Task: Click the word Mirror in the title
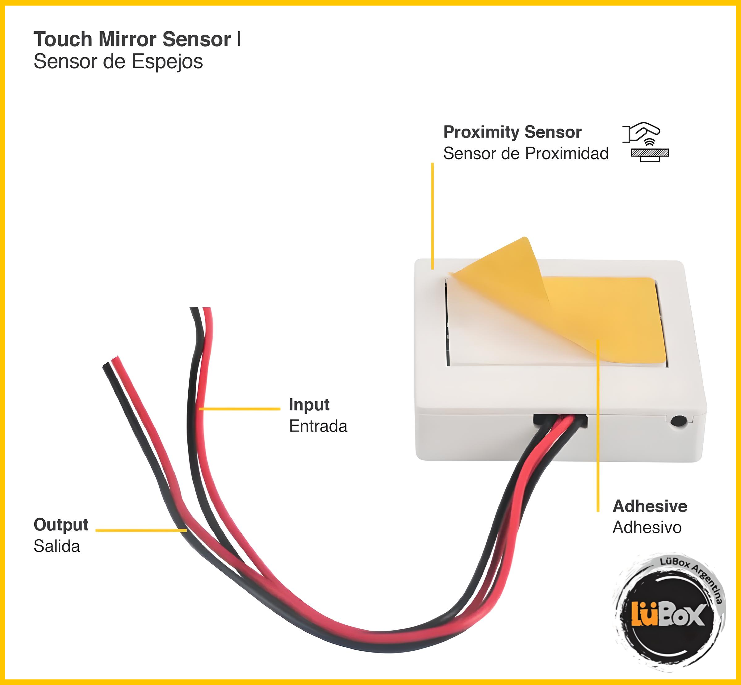coord(128,39)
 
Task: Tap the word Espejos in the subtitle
coord(167,62)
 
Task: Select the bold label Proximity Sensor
coord(512,132)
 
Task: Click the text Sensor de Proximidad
coord(525,153)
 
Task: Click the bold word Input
coord(309,404)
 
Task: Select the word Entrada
coord(318,426)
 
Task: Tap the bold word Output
coord(61,525)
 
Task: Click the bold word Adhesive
coord(650,506)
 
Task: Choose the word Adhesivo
coord(647,527)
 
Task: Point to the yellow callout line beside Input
coord(240,409)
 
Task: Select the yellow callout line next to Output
coord(141,530)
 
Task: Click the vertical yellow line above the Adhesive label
coord(598,426)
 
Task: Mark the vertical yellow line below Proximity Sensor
coord(432,215)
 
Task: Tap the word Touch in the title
coord(63,39)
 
